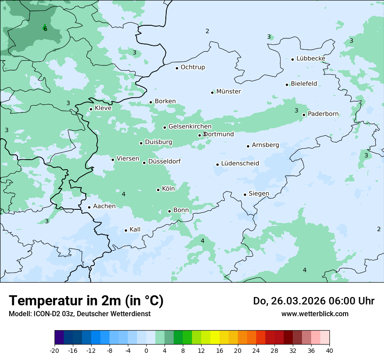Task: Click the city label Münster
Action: [x=228, y=92]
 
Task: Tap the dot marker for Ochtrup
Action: [x=177, y=68]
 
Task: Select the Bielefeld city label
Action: [x=304, y=84]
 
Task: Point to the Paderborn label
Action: [x=323, y=114]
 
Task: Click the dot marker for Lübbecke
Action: [x=292, y=59]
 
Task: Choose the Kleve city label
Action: [x=103, y=108]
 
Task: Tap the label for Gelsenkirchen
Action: [x=190, y=126]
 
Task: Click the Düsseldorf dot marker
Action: [x=144, y=163]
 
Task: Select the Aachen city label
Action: [x=104, y=206]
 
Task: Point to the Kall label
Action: [x=135, y=229]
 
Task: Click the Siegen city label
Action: [x=259, y=194]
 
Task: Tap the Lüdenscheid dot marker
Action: [x=217, y=164]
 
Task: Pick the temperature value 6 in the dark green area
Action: [x=45, y=29]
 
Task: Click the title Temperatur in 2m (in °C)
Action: [x=86, y=301]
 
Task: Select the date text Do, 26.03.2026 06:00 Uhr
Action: [x=313, y=301]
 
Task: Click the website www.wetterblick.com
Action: [x=315, y=314]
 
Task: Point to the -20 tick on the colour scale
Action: [x=55, y=350]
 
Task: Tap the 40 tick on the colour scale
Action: [x=329, y=350]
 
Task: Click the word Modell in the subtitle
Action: [x=19, y=314]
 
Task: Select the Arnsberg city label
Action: [x=265, y=145]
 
